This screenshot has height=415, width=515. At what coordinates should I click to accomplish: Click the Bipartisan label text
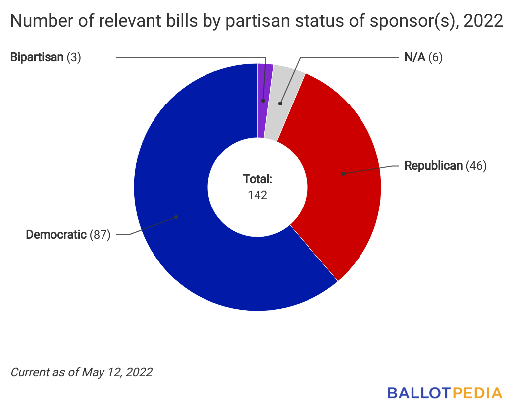coord(37,57)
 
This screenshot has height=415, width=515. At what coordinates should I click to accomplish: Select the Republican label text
coord(433,166)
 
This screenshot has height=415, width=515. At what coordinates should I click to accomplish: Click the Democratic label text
coord(56,234)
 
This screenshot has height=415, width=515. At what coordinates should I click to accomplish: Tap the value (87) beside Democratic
coord(100,234)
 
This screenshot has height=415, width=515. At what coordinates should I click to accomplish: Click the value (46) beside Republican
coord(476,166)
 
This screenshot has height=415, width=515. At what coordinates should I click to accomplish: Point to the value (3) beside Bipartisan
coord(74,57)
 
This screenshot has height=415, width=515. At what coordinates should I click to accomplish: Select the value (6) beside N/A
coord(435,57)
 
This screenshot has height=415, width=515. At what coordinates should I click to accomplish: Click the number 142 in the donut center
coord(257,195)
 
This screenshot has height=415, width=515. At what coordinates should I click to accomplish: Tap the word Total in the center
coord(257,179)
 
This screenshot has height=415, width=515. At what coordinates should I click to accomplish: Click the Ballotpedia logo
coord(445,393)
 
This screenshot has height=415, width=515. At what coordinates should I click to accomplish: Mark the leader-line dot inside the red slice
coord(342,174)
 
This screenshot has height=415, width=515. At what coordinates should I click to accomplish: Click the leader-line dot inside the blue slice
coord(176,217)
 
